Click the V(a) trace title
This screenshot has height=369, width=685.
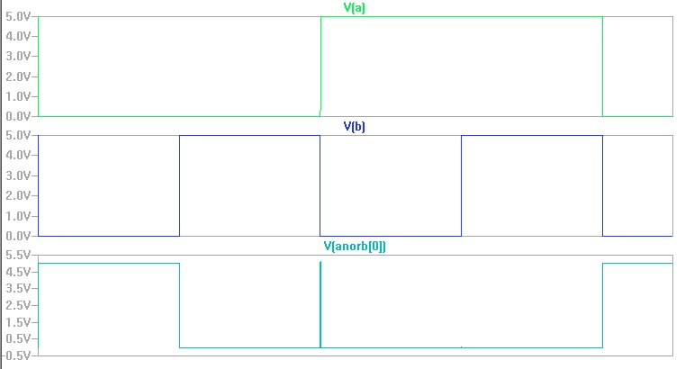click(x=354, y=8)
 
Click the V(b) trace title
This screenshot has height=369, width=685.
click(x=354, y=127)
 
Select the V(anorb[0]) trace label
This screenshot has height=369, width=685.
click(x=354, y=246)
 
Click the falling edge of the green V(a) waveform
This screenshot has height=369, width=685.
click(x=602, y=67)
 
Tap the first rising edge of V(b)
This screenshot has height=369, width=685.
click(x=180, y=185)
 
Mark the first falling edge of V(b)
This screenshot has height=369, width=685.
click(x=320, y=185)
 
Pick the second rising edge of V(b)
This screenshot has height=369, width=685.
click(x=462, y=185)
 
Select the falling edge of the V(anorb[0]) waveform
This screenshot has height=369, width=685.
click(x=180, y=305)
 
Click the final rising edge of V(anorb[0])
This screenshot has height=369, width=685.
click(x=602, y=305)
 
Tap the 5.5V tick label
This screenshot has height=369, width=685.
click(x=20, y=255)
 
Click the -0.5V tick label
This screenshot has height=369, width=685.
click(x=18, y=355)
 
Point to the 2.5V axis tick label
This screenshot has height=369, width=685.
click(x=20, y=305)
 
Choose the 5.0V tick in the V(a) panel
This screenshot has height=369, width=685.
click(x=20, y=16)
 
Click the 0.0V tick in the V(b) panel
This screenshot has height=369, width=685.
click(x=20, y=236)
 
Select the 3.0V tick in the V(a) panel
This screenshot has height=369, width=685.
click(x=20, y=56)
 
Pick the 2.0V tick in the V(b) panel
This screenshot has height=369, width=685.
click(x=20, y=195)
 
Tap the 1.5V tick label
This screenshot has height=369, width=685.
click(x=20, y=322)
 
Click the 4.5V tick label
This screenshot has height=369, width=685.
click(x=20, y=272)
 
